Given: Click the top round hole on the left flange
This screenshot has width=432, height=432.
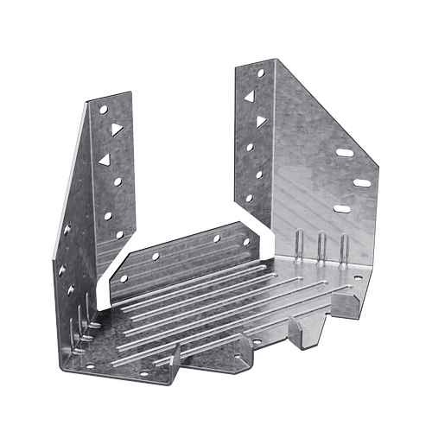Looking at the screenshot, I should [103, 111].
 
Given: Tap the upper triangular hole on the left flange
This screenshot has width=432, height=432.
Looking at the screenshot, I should [116, 129].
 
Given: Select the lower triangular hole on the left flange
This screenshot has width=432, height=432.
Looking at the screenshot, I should [105, 160].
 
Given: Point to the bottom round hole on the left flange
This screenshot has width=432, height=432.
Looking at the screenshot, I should [119, 234].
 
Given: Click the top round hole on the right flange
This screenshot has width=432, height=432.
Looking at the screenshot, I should [260, 75].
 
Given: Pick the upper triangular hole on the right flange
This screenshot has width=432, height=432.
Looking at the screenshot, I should [249, 97].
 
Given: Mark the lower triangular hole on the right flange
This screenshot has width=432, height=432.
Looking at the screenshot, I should [260, 122].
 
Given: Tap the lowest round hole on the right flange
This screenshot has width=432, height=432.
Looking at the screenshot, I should [249, 197].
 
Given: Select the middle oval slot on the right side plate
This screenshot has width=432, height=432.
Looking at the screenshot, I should [362, 182].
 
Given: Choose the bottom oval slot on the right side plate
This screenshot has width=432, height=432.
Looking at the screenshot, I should [342, 208].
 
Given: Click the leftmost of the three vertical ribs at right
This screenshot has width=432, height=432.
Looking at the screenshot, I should [298, 244].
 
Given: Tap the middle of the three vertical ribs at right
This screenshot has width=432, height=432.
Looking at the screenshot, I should [321, 245].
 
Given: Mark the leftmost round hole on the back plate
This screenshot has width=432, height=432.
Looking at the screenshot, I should [124, 278].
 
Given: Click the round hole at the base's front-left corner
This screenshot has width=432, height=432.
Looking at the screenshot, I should [88, 366].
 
